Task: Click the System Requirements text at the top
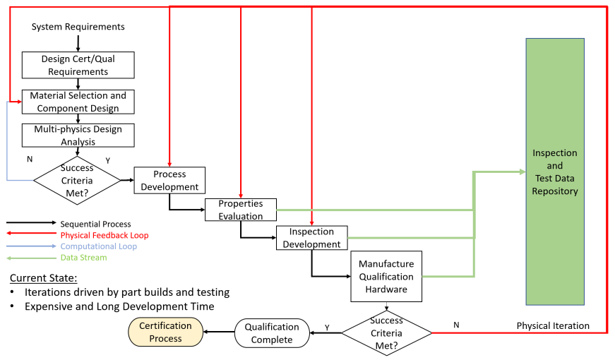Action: pyautogui.click(x=78, y=27)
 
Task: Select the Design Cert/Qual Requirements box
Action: pyautogui.click(x=78, y=66)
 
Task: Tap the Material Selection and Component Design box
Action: pyautogui.click(x=78, y=102)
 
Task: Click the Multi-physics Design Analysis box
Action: pyautogui.click(x=78, y=136)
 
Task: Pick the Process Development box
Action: pyautogui.click(x=169, y=180)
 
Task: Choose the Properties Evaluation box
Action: pyautogui.click(x=240, y=210)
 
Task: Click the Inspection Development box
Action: pyautogui.click(x=311, y=239)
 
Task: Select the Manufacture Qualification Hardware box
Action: pyautogui.click(x=386, y=276)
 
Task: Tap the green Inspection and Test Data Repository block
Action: pyautogui.click(x=555, y=172)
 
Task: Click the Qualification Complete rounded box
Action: pyautogui.click(x=273, y=333)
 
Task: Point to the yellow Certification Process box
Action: pyautogui.click(x=165, y=332)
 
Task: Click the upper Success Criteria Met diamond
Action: pyautogui.click(x=77, y=180)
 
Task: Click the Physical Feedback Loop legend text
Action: pyautogui.click(x=105, y=235)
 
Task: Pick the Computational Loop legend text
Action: pyautogui.click(x=98, y=246)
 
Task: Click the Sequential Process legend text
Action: pyautogui.click(x=95, y=224)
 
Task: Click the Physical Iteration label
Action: pyautogui.click(x=562, y=326)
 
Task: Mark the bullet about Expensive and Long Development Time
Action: pyautogui.click(x=119, y=306)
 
